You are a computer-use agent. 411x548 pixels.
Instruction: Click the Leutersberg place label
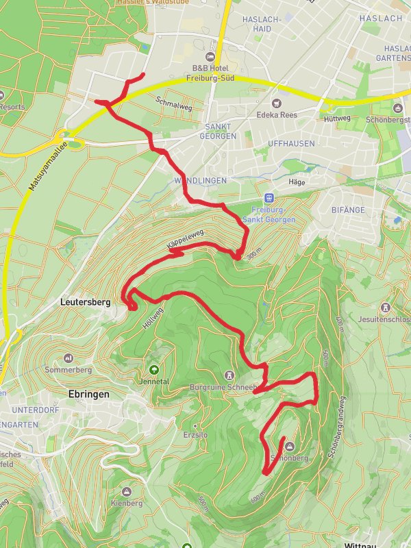[x=85, y=300]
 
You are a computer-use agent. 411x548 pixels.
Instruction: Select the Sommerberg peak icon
[x=68, y=358]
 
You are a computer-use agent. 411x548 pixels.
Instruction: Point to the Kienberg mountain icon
[x=126, y=492]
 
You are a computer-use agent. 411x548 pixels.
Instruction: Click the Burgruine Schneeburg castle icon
[x=229, y=375]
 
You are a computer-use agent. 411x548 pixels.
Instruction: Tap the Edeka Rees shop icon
[x=260, y=114]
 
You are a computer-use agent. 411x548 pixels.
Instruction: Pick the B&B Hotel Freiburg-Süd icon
[x=210, y=56]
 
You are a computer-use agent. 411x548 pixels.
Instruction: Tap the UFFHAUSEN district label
[x=292, y=144]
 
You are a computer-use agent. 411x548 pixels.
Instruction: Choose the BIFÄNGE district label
[x=349, y=210]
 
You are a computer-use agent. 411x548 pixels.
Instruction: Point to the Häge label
[x=297, y=182]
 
